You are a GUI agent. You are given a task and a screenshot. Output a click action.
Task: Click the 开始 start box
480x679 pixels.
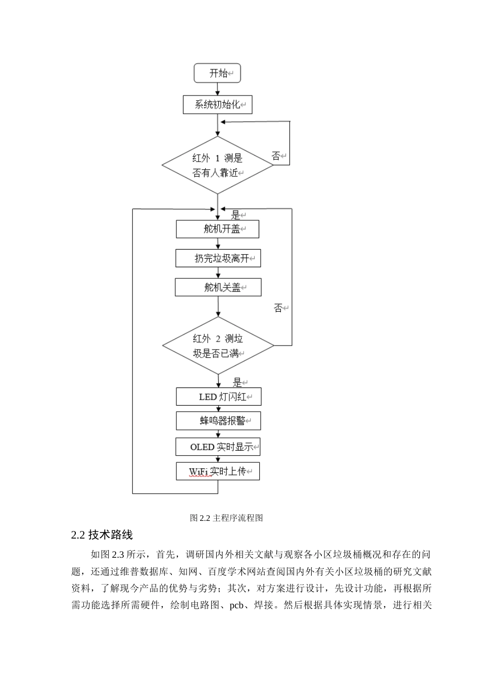[x=217, y=73]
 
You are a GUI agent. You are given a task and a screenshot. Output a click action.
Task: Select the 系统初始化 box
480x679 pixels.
[x=217, y=105]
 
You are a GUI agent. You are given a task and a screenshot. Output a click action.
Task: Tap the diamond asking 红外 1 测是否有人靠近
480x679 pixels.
[x=218, y=165]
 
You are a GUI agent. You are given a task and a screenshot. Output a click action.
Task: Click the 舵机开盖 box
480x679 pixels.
[x=217, y=229]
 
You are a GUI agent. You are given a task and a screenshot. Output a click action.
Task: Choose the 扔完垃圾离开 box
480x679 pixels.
[x=218, y=258]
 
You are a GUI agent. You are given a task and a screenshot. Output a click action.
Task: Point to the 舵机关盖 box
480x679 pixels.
[x=218, y=287]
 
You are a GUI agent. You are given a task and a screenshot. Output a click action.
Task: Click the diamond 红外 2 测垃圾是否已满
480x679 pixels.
[x=218, y=346]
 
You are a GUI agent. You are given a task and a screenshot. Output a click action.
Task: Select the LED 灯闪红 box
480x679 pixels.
[x=218, y=397]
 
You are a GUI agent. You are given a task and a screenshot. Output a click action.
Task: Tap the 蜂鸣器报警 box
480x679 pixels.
[x=218, y=421]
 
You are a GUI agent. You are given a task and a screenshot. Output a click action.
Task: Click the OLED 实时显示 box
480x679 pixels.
[x=218, y=447]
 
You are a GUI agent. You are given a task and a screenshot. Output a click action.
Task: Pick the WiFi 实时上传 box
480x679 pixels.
[x=218, y=471]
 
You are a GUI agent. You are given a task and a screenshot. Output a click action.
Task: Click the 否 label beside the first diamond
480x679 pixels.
[x=276, y=156]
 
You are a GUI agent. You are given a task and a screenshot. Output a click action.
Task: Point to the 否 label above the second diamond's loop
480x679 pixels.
[x=278, y=308]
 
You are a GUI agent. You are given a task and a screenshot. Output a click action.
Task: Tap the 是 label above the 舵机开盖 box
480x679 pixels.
[x=235, y=215]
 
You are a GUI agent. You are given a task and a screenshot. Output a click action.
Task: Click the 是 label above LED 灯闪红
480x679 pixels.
[x=237, y=382]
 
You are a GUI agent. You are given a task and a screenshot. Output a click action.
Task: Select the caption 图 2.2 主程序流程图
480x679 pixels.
[x=226, y=518]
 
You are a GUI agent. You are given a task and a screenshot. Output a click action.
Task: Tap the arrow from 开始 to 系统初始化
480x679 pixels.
[x=217, y=89]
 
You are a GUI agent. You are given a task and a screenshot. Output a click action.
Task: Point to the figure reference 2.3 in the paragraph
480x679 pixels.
[x=118, y=554]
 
